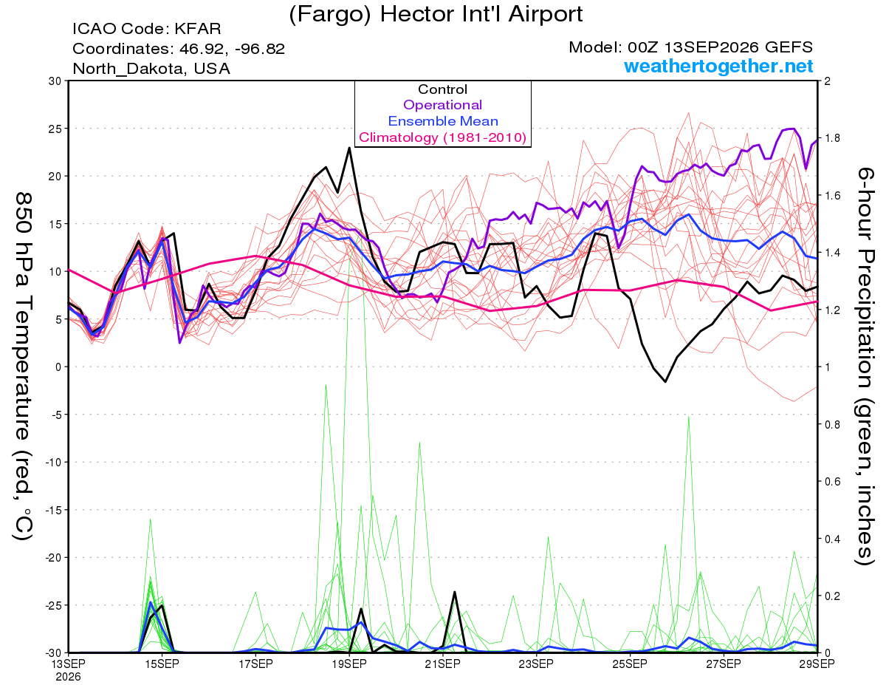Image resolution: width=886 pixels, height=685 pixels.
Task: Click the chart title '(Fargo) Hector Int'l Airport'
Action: (436, 15)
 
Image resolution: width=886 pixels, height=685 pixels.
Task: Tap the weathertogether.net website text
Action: (718, 66)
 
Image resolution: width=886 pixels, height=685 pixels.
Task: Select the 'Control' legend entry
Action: (442, 89)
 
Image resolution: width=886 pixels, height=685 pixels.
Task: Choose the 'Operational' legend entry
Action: (442, 105)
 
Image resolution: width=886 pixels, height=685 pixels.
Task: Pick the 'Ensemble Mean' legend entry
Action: (443, 121)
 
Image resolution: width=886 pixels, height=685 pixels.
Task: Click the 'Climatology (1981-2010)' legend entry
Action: (443, 137)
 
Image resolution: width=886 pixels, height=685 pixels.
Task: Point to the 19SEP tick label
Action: (349, 664)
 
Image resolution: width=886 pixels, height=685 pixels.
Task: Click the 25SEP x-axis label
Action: (630, 664)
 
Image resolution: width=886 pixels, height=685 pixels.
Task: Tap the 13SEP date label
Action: (69, 664)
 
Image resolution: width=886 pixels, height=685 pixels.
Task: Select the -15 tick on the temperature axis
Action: (53, 510)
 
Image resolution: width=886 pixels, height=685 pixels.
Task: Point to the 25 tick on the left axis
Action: (55, 129)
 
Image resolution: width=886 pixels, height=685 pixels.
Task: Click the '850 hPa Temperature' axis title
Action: (23, 316)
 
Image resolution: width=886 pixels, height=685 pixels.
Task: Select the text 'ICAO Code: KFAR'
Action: (147, 29)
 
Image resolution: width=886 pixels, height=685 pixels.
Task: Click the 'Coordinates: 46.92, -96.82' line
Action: (179, 49)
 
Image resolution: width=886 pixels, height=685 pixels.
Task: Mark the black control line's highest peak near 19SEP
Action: (349, 148)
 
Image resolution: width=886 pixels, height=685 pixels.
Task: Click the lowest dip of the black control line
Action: (665, 382)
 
